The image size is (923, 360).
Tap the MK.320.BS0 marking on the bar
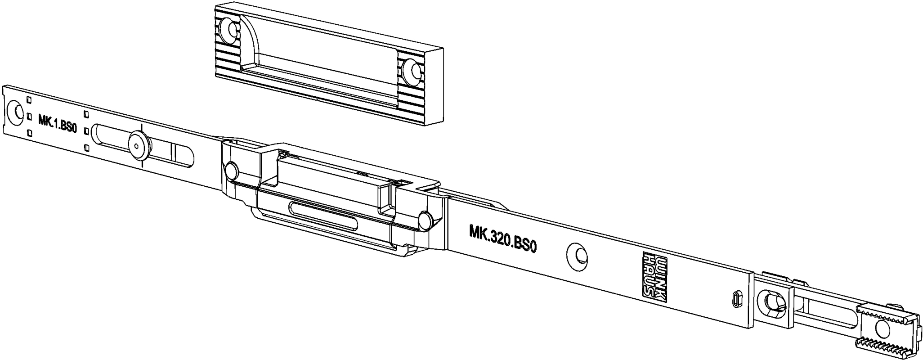504,238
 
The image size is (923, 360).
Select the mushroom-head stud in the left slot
137,145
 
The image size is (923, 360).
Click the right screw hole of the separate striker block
412,71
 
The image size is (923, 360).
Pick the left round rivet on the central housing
232,170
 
